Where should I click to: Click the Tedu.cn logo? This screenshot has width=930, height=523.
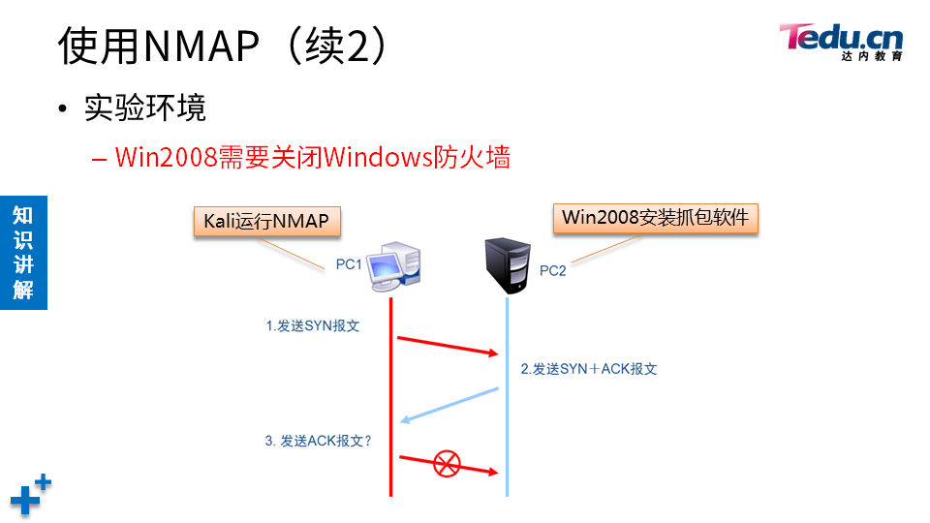(841, 41)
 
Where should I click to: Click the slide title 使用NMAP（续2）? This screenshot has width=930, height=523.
(224, 46)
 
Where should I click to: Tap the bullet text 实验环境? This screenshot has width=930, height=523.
(145, 108)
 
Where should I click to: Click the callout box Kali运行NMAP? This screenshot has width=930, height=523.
(265, 221)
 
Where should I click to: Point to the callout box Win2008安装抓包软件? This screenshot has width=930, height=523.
(655, 218)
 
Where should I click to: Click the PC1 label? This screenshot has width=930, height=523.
(349, 263)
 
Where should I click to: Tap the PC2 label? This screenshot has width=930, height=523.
(552, 271)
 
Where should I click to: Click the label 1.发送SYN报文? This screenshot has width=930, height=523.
(313, 326)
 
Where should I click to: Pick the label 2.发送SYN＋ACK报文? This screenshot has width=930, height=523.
(589, 369)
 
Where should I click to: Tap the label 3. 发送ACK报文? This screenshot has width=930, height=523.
(319, 441)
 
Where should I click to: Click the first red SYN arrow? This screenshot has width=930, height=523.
(447, 346)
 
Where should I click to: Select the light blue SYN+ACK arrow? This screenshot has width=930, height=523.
(449, 405)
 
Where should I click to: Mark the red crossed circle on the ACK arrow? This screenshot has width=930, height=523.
(446, 463)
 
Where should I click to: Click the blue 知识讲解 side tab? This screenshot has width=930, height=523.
(23, 252)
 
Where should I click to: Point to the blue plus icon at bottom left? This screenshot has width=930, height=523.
(30, 495)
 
